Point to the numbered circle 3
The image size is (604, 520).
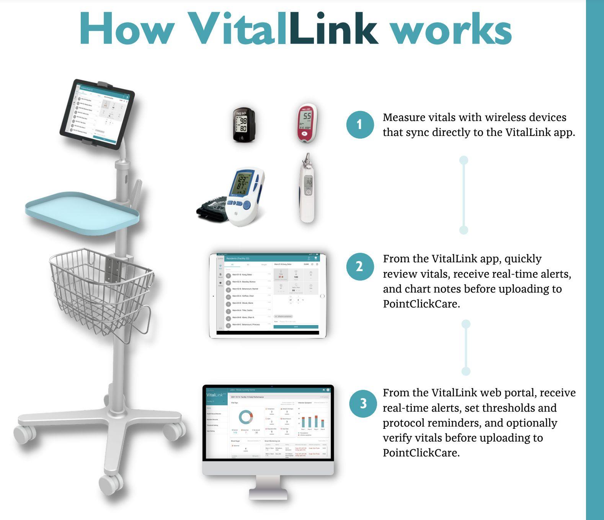coord(363,404)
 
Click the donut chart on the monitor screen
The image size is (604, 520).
coord(246,417)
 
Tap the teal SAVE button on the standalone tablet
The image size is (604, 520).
coord(295,327)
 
